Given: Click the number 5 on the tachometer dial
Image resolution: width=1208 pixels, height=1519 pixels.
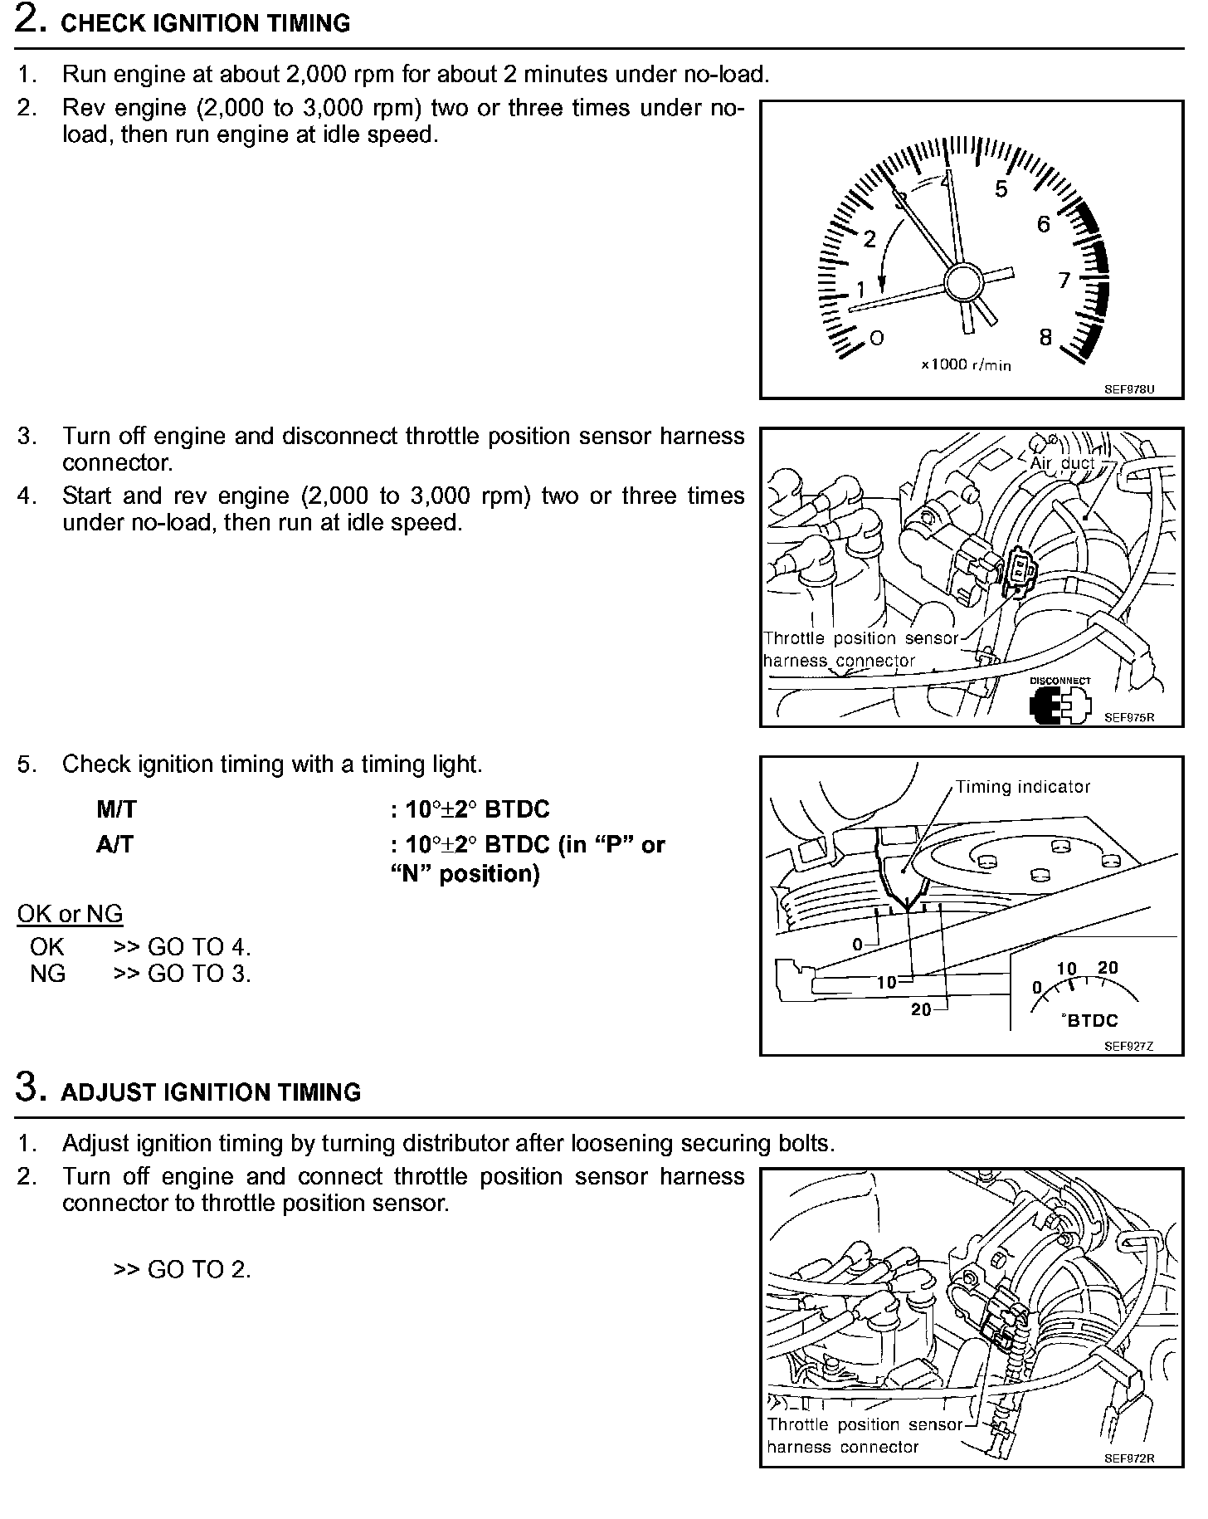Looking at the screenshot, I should click(x=1001, y=189).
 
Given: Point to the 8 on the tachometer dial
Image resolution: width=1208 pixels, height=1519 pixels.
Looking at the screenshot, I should click(x=1045, y=337).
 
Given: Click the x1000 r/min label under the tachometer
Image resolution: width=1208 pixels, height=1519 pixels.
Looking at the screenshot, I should click(x=966, y=364).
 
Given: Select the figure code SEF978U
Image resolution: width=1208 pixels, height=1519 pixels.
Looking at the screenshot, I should click(x=1128, y=388).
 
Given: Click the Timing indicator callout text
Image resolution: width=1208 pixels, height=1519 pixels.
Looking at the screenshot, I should click(x=1022, y=787).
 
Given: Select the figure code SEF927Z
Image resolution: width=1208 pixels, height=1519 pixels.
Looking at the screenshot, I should click(x=1128, y=1046).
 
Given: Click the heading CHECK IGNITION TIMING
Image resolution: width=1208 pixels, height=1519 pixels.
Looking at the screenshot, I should click(x=206, y=23).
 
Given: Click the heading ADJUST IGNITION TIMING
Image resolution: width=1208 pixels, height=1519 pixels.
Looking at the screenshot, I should click(x=211, y=1092).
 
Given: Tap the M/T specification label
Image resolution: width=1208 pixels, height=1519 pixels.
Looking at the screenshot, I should click(x=115, y=809).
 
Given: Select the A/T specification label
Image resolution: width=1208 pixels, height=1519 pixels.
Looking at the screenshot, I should click(x=114, y=845).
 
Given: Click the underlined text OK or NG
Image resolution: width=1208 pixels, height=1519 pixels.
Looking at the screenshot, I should click(x=70, y=914).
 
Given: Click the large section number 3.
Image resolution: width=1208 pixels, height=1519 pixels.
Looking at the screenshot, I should click(x=32, y=1088).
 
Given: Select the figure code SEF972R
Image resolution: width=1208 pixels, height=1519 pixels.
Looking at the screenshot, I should click(x=1128, y=1458).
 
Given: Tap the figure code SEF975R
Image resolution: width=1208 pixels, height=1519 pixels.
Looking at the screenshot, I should click(x=1128, y=717).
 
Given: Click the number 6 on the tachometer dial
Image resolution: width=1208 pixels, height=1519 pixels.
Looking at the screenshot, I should click(x=1043, y=224).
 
